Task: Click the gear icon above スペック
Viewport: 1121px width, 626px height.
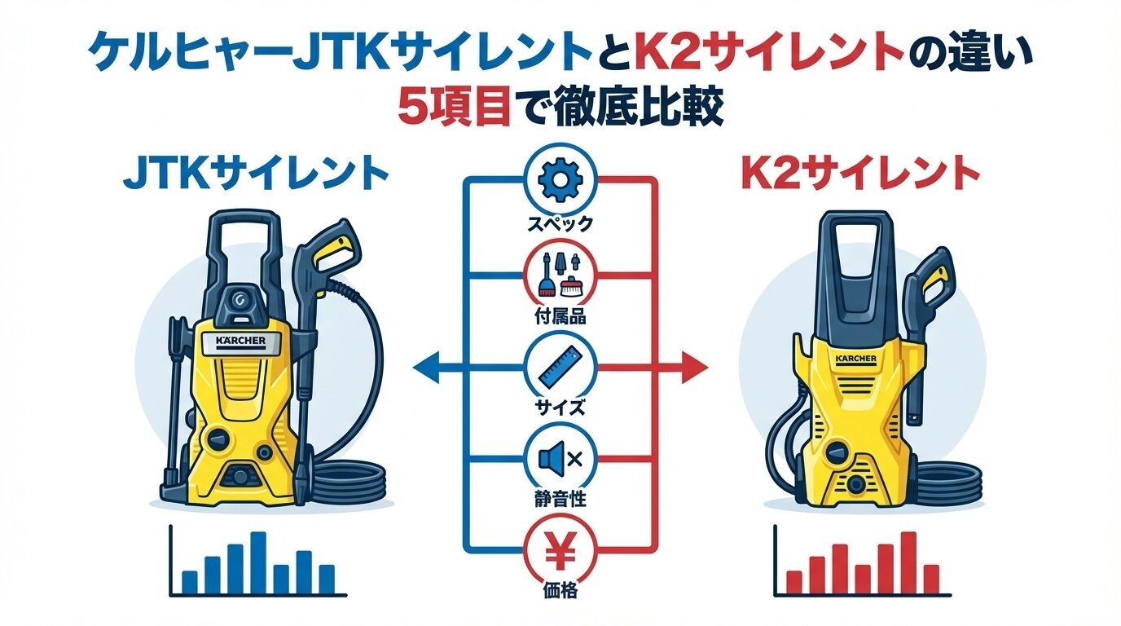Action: pos(560,180)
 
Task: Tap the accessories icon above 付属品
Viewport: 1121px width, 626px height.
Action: pos(560,276)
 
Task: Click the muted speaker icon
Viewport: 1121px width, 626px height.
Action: pos(560,458)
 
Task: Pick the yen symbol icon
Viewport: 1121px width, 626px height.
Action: pos(560,551)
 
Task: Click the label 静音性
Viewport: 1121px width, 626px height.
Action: pos(560,500)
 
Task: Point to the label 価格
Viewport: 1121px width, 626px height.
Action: pos(560,591)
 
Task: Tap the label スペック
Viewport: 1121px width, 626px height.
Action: pos(560,223)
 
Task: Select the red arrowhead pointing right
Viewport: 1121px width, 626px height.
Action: pos(695,368)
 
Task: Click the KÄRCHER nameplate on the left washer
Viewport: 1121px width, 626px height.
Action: pos(240,341)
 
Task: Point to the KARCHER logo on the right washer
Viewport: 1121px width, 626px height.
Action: pos(855,359)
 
